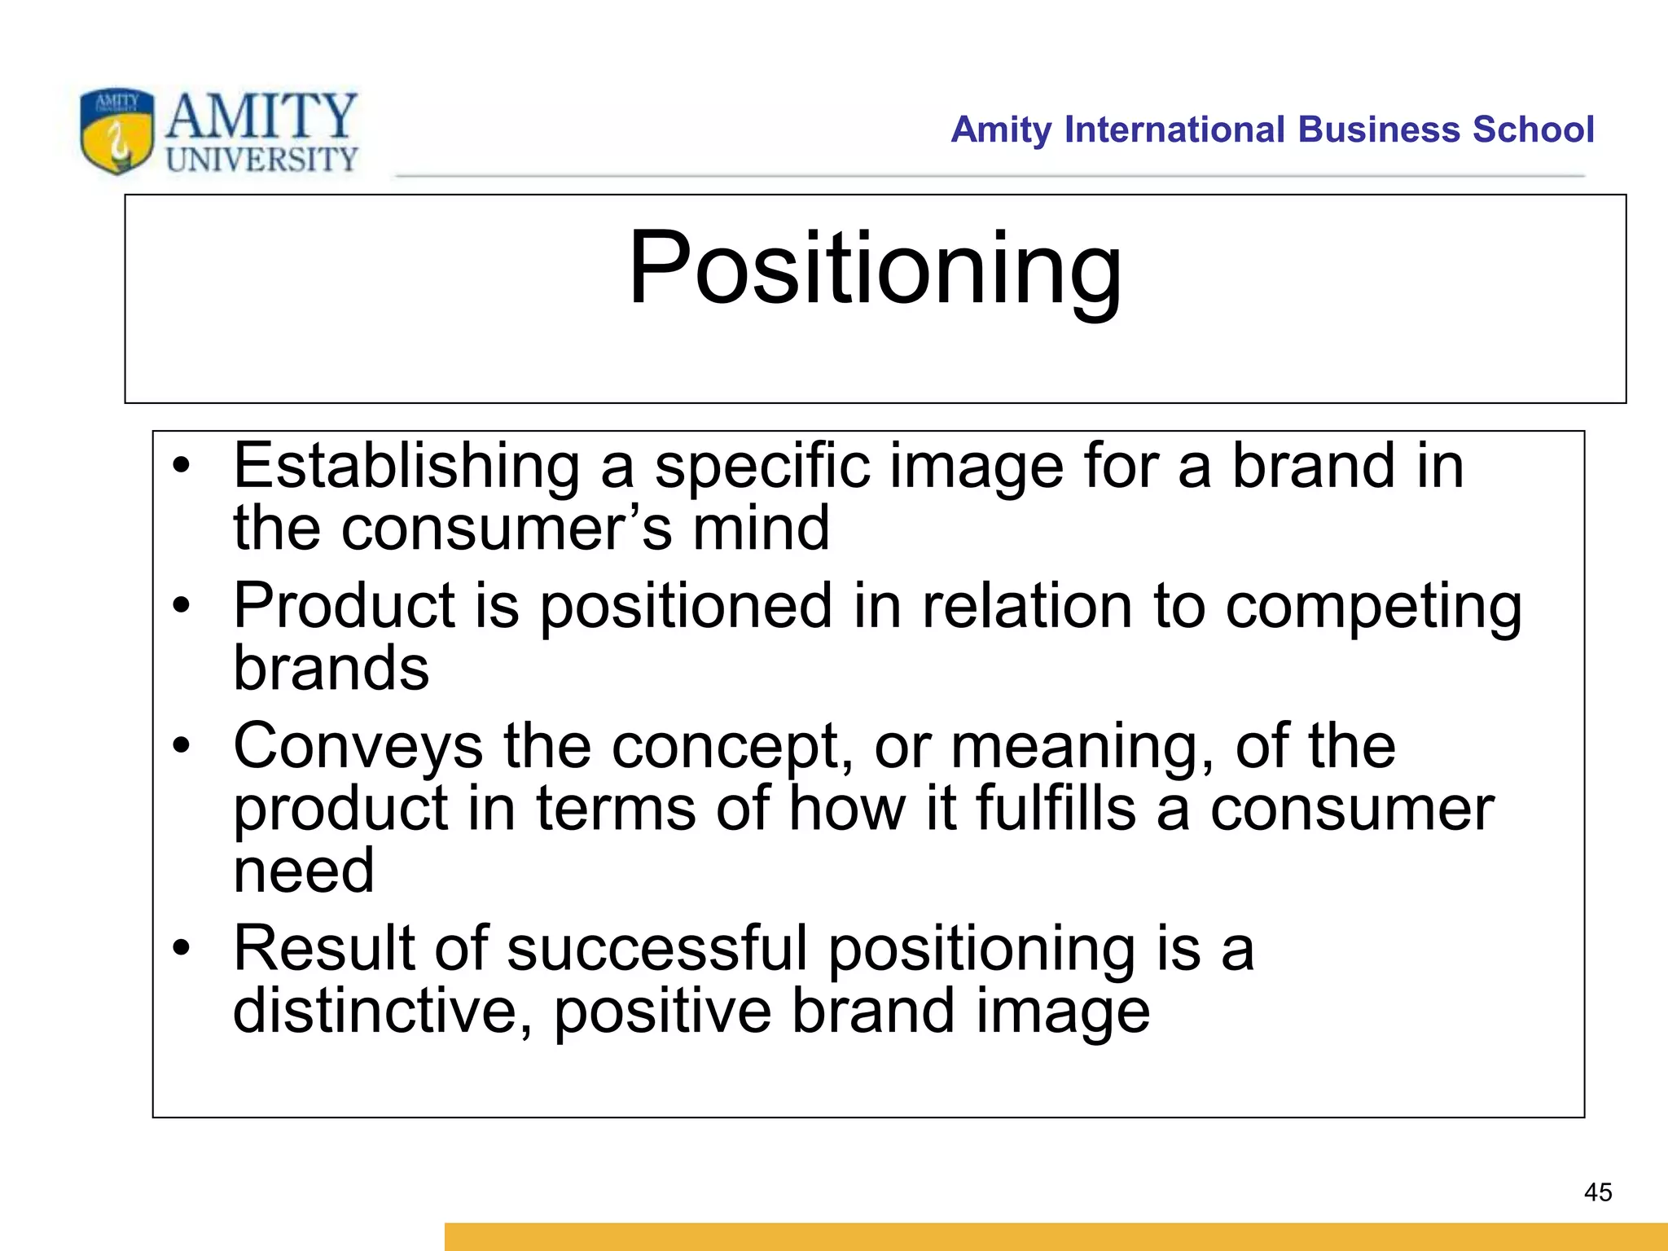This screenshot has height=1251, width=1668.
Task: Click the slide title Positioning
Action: point(875,269)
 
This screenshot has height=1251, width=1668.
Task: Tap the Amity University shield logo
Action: point(116,131)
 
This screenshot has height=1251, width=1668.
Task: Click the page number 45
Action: point(1597,1192)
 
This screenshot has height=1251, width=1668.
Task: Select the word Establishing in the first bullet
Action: point(406,467)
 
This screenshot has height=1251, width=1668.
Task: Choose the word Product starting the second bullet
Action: point(343,607)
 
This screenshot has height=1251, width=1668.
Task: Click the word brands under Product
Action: point(331,669)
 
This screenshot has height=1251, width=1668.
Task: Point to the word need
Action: point(304,871)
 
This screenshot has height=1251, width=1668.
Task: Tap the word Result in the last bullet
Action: point(324,949)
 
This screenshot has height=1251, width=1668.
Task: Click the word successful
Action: point(656,949)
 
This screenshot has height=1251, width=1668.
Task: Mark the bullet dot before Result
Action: point(181,947)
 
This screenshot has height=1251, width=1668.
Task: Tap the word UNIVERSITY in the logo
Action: point(261,159)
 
